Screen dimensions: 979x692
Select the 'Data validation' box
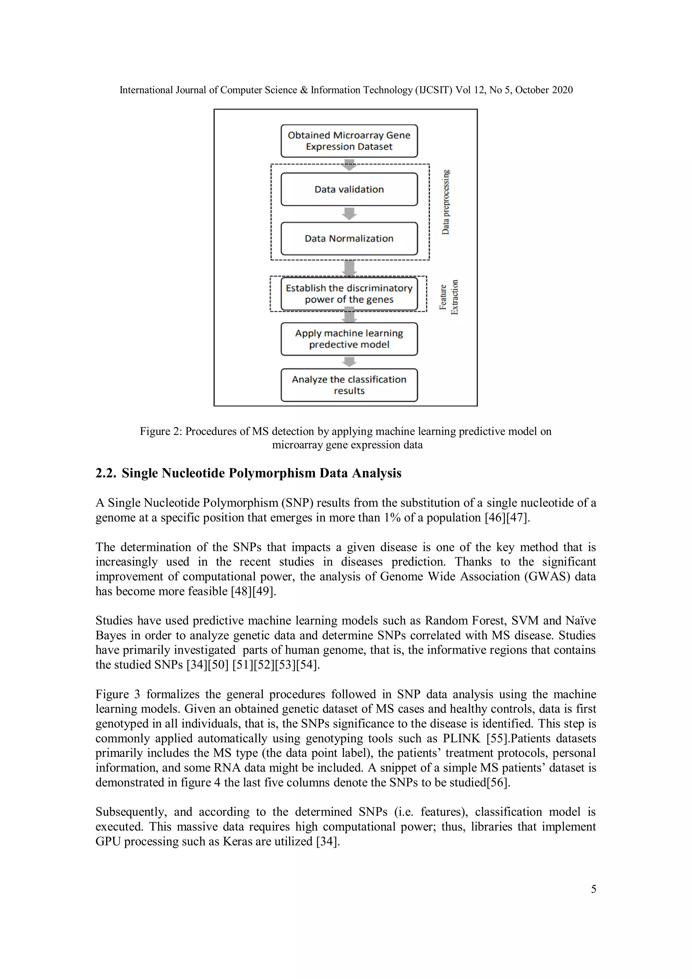[x=349, y=189]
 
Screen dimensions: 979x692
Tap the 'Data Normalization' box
[x=349, y=238]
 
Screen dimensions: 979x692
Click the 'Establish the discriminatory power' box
[x=349, y=294]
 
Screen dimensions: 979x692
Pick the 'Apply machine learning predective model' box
[x=349, y=339]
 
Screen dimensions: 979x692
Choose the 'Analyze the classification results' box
[x=349, y=385]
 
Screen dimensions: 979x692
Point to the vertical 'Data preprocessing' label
[x=446, y=202]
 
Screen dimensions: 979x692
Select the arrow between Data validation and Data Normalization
[x=349, y=214]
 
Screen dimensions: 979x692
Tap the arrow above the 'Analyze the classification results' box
[x=349, y=362]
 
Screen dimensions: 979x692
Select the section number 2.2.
[x=106, y=473]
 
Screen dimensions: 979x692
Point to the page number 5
[x=593, y=889]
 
